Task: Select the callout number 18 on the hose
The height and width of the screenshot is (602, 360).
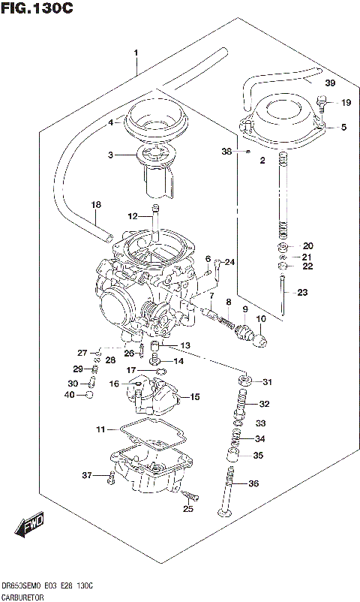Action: tap(95, 205)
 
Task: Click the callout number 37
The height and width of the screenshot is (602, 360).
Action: tap(86, 475)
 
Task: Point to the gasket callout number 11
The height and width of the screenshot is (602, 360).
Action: tap(100, 429)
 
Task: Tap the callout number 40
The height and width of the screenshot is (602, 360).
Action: tap(70, 394)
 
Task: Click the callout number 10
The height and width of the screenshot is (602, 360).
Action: tap(261, 319)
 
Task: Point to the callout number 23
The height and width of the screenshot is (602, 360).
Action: tap(301, 293)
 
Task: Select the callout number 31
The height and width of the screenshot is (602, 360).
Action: tap(266, 383)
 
